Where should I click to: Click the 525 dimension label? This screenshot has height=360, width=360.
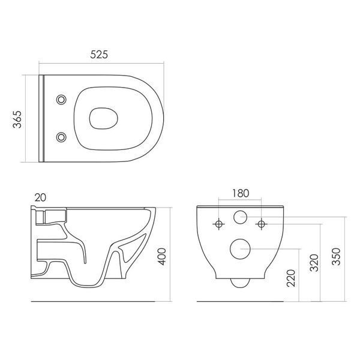point(99,55)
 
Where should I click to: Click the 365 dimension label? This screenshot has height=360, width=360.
point(17,119)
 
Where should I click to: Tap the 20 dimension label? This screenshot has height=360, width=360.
point(40,197)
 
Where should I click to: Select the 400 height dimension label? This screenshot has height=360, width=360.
point(163,256)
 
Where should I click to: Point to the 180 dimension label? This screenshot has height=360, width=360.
point(241,193)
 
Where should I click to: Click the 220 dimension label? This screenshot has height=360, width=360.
point(291,278)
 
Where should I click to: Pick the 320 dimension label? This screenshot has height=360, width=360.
point(314,263)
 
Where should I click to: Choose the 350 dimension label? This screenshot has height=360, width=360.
point(337,256)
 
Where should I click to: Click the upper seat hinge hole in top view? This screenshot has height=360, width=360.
point(61,100)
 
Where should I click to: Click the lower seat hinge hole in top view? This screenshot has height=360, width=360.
point(61,137)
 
